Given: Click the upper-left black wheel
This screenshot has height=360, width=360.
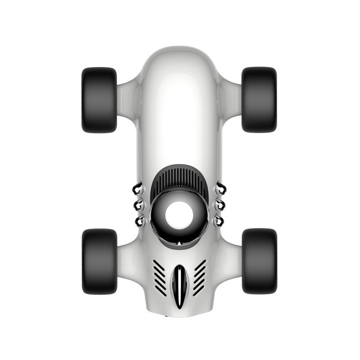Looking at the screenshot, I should click(x=99, y=100).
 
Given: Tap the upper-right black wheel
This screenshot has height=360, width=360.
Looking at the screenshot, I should click(x=259, y=100).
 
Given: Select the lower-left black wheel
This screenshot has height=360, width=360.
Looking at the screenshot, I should click(x=99, y=261).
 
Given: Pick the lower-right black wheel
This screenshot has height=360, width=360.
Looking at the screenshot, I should click(x=259, y=261).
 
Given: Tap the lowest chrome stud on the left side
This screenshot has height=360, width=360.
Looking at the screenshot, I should click(x=140, y=220).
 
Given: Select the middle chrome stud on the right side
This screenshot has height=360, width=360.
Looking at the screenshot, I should click(x=220, y=205).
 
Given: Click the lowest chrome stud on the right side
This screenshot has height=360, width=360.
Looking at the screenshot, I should click(x=219, y=220).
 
